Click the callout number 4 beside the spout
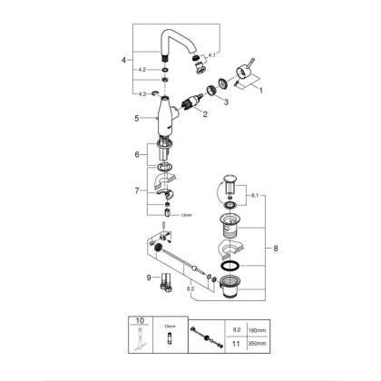(123, 61)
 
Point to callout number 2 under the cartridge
(206, 113)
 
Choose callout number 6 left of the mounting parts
(137, 156)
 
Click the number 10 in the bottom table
(140, 321)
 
